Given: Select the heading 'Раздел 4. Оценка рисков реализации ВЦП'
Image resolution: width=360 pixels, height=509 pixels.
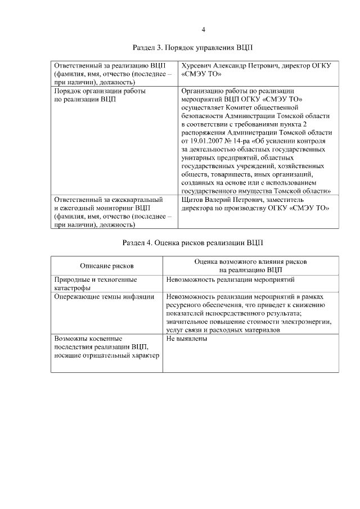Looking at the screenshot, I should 193,243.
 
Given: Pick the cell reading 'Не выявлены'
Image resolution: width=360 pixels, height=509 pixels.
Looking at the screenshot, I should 187,339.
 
